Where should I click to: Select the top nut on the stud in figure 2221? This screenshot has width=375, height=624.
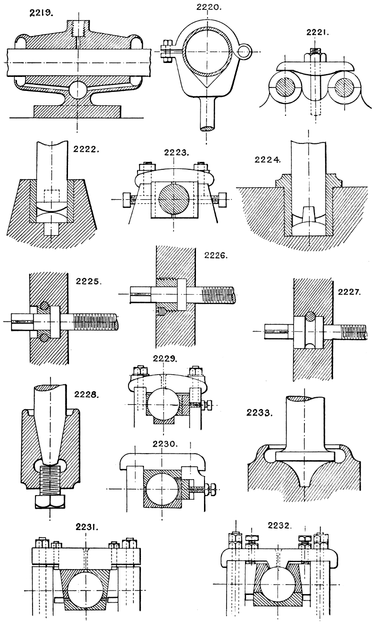(x=315, y=51)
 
